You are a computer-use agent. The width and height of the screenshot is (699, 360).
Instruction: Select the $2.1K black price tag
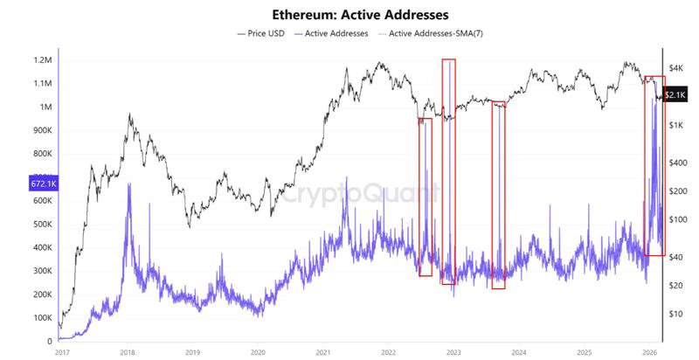click(678, 94)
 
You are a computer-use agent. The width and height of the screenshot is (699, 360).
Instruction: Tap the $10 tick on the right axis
click(675, 314)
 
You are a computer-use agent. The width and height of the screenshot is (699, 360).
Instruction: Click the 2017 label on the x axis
click(61, 352)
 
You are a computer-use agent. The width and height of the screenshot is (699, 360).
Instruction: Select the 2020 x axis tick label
click(257, 352)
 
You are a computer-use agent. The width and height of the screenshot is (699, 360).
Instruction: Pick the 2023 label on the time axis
click(453, 352)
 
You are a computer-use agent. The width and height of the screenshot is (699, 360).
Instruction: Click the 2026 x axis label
click(648, 352)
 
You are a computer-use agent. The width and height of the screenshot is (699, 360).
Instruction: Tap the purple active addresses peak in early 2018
click(129, 184)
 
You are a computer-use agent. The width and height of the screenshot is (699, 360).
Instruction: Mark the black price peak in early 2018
click(129, 114)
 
